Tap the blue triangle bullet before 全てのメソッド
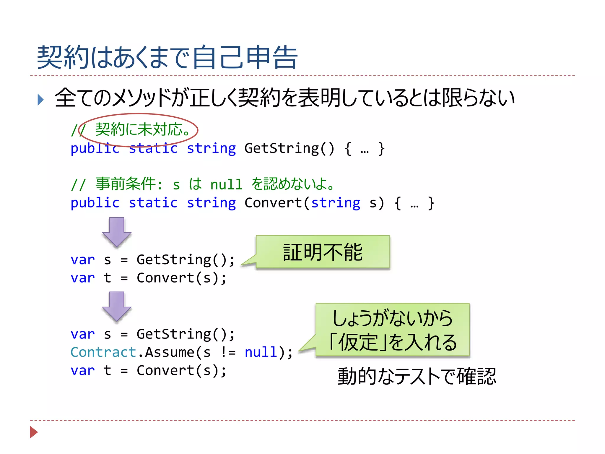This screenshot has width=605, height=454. pos(40,100)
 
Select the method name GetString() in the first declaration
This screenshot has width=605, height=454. pos(289,148)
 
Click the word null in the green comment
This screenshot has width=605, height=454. pos(226,185)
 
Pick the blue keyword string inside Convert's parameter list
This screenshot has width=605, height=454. pos(336,203)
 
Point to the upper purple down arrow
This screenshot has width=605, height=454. pos(117,232)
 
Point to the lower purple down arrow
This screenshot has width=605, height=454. pos(117,306)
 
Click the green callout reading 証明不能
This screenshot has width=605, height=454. pos(323,252)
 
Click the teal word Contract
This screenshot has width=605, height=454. pos(103,352)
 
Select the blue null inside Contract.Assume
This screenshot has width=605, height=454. pos(261,352)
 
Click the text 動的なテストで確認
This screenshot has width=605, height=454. pos(417,377)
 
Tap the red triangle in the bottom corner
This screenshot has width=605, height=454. pos(34,432)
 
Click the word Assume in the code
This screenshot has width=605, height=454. pos(170,352)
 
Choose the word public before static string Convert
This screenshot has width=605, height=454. pos(95,203)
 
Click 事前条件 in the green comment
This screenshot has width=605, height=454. pos(125,184)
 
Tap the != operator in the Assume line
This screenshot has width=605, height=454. pos(228,352)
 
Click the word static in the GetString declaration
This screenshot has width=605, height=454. pos(153,148)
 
